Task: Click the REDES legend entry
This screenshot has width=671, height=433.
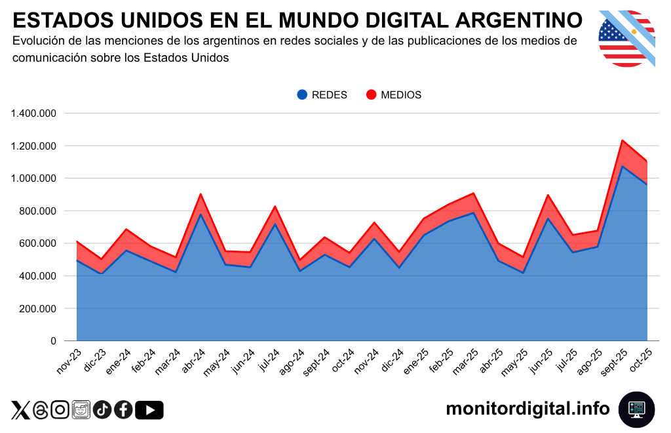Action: (322, 94)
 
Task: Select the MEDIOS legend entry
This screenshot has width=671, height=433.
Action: (393, 94)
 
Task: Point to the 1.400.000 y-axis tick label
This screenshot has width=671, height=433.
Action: (33, 113)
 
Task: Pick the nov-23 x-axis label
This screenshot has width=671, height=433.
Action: (69, 360)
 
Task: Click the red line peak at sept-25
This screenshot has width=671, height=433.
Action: (622, 140)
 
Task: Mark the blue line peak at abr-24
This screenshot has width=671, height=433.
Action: (200, 215)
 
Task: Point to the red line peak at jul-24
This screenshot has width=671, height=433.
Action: (275, 207)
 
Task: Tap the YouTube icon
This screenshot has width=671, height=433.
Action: (149, 410)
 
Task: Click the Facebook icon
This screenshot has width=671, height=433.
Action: (123, 410)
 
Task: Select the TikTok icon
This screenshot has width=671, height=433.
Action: (102, 410)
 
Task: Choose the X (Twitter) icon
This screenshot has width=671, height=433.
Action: (20, 410)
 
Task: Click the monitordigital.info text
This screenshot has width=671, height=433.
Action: (527, 409)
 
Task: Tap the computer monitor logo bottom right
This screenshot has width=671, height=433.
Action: (636, 409)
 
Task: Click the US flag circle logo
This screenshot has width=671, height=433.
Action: (627, 38)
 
